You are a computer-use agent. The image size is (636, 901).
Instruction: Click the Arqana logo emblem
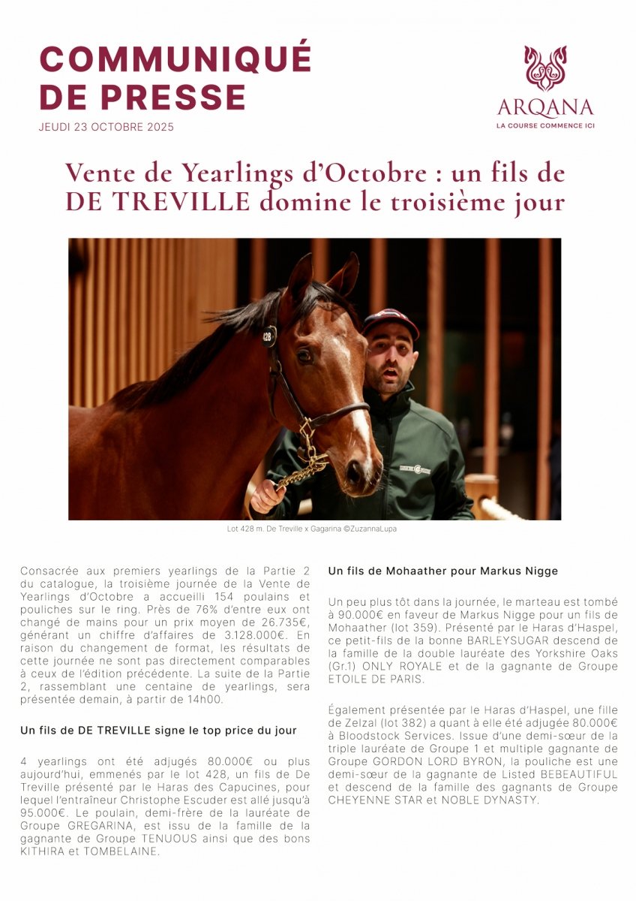pyautogui.click(x=545, y=69)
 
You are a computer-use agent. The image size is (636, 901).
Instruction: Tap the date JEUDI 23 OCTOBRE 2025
pyautogui.click(x=106, y=127)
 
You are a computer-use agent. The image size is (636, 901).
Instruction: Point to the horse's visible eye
pyautogui.click(x=304, y=356)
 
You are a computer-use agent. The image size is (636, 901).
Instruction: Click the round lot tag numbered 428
pyautogui.click(x=268, y=336)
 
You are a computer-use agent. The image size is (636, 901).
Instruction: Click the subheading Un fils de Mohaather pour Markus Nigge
pyautogui.click(x=443, y=571)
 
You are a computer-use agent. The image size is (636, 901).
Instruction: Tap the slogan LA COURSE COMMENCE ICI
pyautogui.click(x=545, y=125)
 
